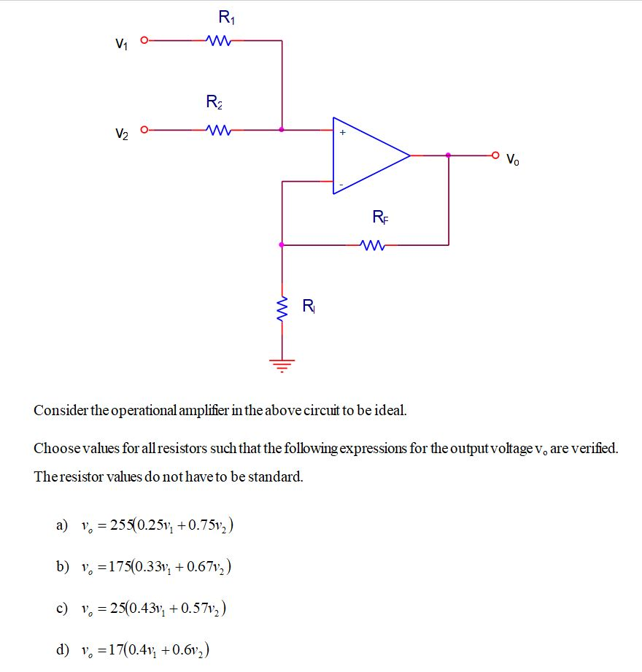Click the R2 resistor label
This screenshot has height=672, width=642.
[x=214, y=102]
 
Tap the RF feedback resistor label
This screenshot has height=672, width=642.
[x=380, y=216]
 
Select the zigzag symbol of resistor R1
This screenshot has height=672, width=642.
[x=219, y=40]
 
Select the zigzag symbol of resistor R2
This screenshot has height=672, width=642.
[x=219, y=131]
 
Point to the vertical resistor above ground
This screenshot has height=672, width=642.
[x=282, y=309]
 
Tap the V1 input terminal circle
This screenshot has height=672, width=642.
[x=144, y=40]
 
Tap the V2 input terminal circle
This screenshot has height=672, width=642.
[x=144, y=131]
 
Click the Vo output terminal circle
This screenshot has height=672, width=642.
[x=496, y=155]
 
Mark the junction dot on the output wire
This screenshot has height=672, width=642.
[x=448, y=155]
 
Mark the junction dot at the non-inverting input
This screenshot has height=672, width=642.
[x=282, y=131]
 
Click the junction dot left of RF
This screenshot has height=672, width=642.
[x=282, y=245]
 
